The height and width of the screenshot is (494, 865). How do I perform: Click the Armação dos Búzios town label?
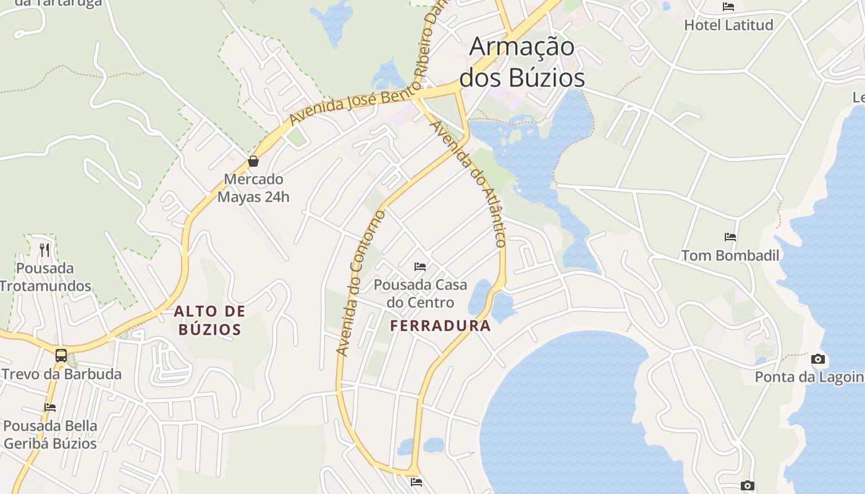click(522, 62)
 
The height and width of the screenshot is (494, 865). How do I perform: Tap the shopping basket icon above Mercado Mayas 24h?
click(253, 162)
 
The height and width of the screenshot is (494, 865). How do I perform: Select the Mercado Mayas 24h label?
click(253, 188)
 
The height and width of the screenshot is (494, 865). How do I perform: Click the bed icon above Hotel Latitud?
click(728, 7)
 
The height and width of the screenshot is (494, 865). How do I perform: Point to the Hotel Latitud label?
click(728, 25)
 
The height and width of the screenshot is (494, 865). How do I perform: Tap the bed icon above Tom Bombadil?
click(730, 237)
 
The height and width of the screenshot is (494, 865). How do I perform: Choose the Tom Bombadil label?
click(730, 255)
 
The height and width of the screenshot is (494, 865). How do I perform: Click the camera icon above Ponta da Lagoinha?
click(817, 359)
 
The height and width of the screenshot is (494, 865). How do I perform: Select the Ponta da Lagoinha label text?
click(809, 377)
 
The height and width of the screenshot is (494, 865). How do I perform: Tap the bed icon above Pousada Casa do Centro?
click(420, 267)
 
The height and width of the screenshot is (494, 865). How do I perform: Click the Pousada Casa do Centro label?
click(420, 294)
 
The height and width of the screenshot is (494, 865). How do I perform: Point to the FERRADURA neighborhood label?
click(441, 326)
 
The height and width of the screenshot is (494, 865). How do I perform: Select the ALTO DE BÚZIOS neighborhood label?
click(209, 320)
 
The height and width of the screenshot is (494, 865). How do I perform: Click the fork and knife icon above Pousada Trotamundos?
click(44, 250)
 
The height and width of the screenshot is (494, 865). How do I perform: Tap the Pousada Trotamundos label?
click(45, 277)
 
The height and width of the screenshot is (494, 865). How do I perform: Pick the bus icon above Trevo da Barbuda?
click(61, 356)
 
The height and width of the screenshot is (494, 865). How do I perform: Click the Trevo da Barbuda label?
click(61, 374)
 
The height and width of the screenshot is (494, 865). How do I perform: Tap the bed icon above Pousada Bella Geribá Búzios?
click(50, 407)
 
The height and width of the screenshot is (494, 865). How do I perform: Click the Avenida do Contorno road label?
click(361, 283)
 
